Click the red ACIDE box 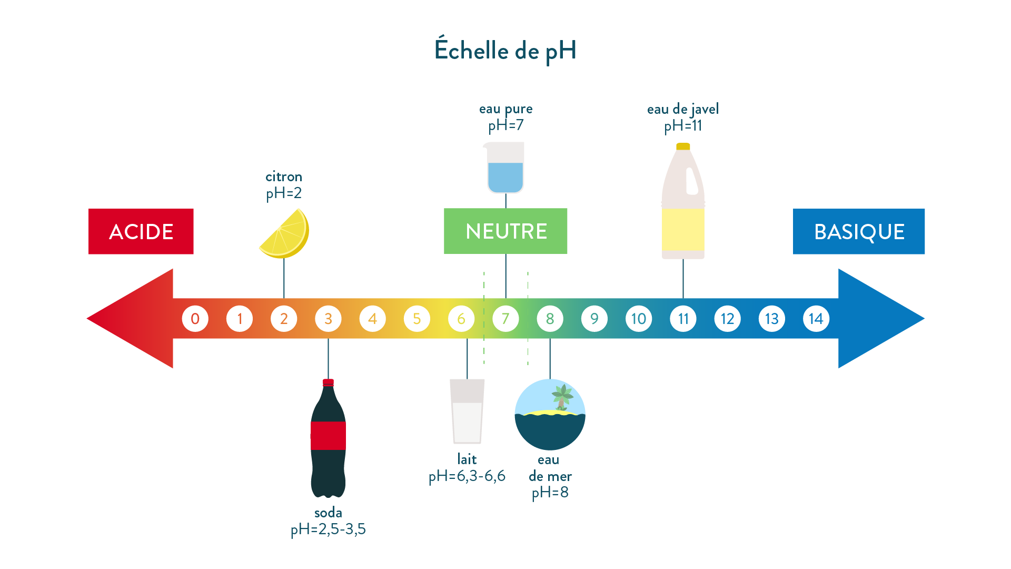pos(141,232)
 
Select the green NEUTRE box pos(506,231)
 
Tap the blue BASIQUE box pos(859,232)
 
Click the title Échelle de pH pos(506,51)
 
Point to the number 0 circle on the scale pos(195,319)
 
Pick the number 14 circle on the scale pos(816,319)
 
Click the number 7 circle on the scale pos(506,319)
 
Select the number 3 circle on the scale pos(328,319)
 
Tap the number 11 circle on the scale pos(683,319)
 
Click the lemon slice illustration pos(286,235)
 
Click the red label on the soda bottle pos(328,435)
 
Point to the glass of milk pos(467,412)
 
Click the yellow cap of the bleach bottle pos(683,146)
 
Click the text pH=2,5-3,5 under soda pos(328,529)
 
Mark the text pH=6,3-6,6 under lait pos(467,476)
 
